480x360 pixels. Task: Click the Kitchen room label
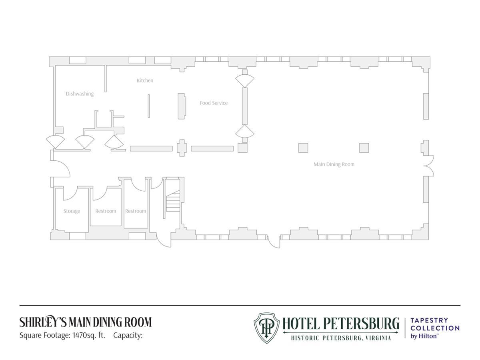[x=145, y=80]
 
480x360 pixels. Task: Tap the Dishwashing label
[x=80, y=94]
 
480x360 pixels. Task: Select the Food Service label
[x=214, y=103]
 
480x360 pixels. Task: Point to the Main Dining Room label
[x=334, y=164]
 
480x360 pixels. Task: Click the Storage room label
[x=72, y=211]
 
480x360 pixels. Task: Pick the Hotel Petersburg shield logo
[x=266, y=328]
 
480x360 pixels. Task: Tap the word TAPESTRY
[x=429, y=320]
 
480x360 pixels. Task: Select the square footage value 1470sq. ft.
[x=89, y=335]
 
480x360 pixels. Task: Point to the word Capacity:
[x=128, y=335]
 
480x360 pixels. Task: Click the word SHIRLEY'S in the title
[x=43, y=322]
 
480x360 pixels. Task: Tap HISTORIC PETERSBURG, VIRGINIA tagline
[x=341, y=338]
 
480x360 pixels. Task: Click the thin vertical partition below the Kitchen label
[x=149, y=106]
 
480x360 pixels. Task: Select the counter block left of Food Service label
[x=182, y=106]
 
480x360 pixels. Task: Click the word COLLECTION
[x=435, y=328]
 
